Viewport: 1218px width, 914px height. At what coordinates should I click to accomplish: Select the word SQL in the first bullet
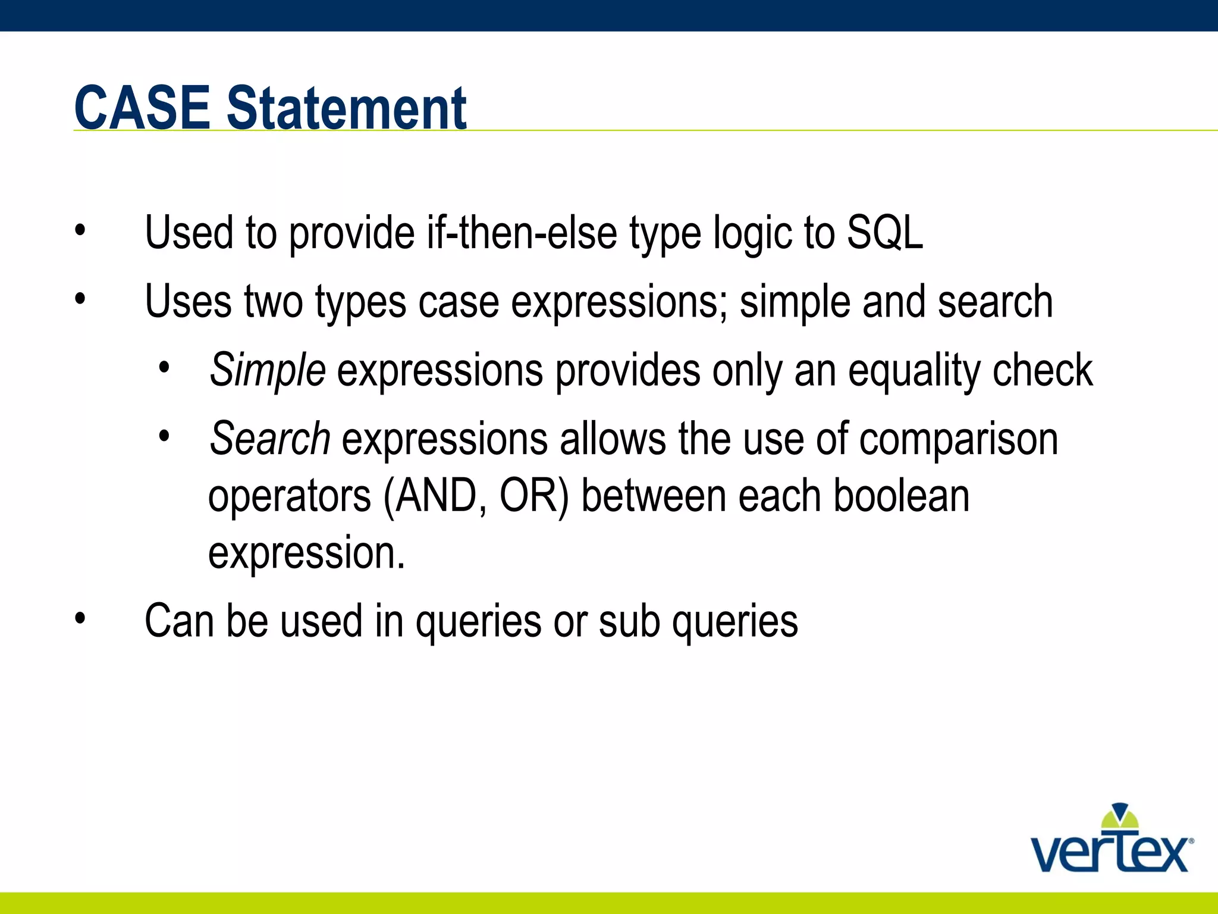click(884, 233)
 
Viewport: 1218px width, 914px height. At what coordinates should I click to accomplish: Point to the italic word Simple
click(267, 370)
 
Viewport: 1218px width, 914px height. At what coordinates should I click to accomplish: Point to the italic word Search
click(269, 439)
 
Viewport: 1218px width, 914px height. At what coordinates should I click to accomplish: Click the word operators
click(289, 497)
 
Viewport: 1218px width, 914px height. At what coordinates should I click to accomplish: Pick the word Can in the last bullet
click(179, 621)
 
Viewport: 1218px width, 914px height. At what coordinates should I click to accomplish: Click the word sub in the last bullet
click(629, 621)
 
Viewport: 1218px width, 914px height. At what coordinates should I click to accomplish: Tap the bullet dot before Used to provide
click(80, 230)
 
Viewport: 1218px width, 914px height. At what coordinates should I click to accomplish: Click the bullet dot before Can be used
click(80, 619)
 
